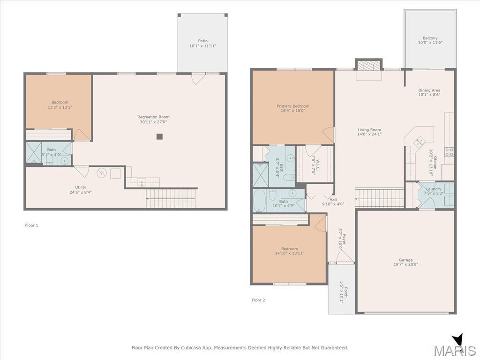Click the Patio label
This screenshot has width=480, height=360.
[x=202, y=41]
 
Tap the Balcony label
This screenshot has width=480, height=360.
[x=430, y=38]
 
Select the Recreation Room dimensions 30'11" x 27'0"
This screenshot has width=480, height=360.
[x=153, y=122]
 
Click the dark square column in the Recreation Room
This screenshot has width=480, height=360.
[x=159, y=136]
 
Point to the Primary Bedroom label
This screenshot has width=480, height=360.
[x=293, y=106]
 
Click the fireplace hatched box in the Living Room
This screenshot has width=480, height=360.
[x=369, y=66]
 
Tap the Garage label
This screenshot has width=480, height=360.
[x=405, y=260]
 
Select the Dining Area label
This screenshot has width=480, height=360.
[x=429, y=90]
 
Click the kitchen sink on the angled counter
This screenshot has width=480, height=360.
[x=419, y=142]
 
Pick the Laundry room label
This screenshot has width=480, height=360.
[x=434, y=189]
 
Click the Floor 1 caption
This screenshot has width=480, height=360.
[x=31, y=225]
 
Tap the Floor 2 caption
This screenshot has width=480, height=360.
[x=258, y=300]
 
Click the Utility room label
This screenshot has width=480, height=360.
[x=81, y=187]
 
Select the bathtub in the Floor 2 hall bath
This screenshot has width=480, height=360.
[x=260, y=201]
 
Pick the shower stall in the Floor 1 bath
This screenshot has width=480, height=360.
[x=34, y=152]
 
